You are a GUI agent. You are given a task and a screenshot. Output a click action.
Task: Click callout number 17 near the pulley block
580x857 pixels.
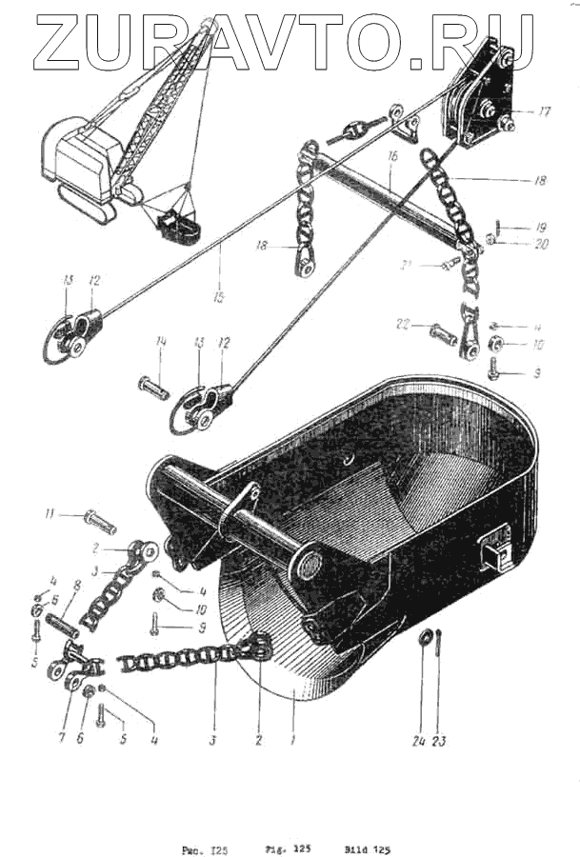(544, 111)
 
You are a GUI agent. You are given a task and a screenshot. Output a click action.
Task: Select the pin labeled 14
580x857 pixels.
(153, 389)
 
